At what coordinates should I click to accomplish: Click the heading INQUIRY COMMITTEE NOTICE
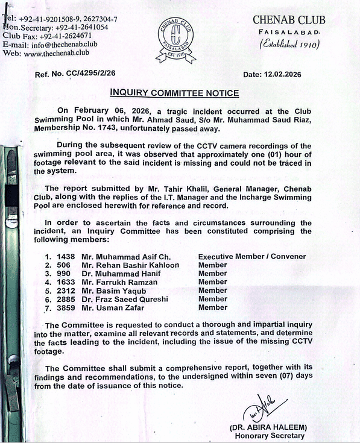click(174, 93)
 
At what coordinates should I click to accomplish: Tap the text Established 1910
click(289, 44)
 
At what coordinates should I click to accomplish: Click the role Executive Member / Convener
click(251, 256)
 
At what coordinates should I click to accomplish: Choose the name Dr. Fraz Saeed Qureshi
click(124, 299)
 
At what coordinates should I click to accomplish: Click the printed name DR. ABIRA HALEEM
click(267, 427)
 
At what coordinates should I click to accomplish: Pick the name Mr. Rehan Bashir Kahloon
click(130, 265)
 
